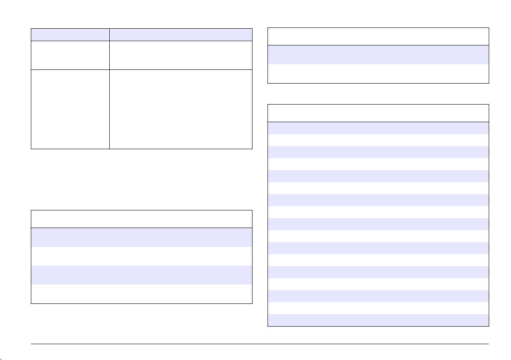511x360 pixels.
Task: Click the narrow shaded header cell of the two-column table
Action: click(x=70, y=35)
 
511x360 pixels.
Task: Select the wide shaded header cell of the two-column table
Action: click(x=180, y=35)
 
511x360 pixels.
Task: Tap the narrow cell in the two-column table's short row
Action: click(x=70, y=55)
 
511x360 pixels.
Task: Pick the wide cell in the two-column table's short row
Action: click(x=180, y=55)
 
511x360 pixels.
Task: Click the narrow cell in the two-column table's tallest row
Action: click(x=70, y=109)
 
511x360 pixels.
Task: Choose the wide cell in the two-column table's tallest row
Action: click(x=180, y=109)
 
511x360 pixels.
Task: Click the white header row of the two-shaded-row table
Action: click(x=141, y=219)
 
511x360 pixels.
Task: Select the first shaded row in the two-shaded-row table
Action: click(x=141, y=237)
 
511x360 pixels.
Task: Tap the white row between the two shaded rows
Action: click(x=141, y=256)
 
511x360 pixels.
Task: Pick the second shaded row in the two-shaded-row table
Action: click(x=141, y=275)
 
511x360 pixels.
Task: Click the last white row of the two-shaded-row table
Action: click(x=141, y=294)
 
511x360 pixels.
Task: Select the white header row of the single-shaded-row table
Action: click(x=378, y=36)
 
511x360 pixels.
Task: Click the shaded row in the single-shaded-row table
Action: click(x=378, y=54)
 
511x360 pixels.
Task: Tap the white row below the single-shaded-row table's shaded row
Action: click(x=378, y=73)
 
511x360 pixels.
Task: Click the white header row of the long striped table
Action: click(x=378, y=113)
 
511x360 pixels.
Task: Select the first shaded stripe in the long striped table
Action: click(x=378, y=128)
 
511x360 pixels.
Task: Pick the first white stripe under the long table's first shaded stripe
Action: click(x=378, y=140)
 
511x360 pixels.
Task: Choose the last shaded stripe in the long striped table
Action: click(x=378, y=320)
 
